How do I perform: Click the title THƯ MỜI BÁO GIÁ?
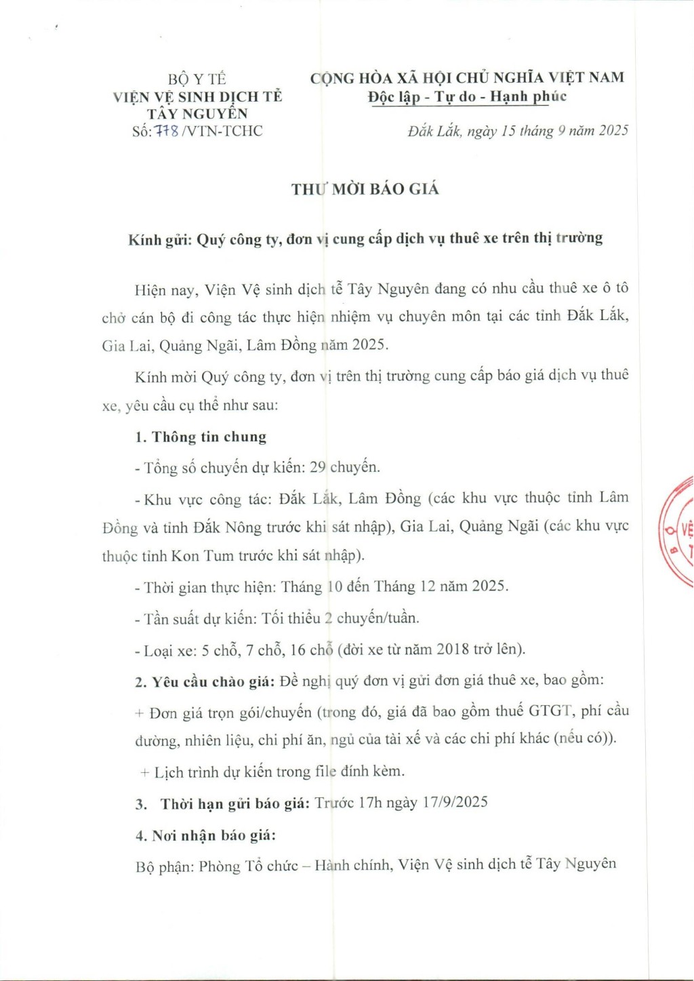point(365,189)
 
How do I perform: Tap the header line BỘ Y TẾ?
point(197,79)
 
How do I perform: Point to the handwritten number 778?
point(167,131)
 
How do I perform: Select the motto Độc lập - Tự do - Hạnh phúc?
point(467,97)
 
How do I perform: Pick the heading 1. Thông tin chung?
point(201,437)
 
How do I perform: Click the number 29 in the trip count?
point(317,467)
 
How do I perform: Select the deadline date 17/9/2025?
point(455,803)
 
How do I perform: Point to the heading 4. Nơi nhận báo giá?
point(205,835)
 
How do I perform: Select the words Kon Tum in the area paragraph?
point(202,556)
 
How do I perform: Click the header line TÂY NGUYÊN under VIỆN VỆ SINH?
point(197,114)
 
